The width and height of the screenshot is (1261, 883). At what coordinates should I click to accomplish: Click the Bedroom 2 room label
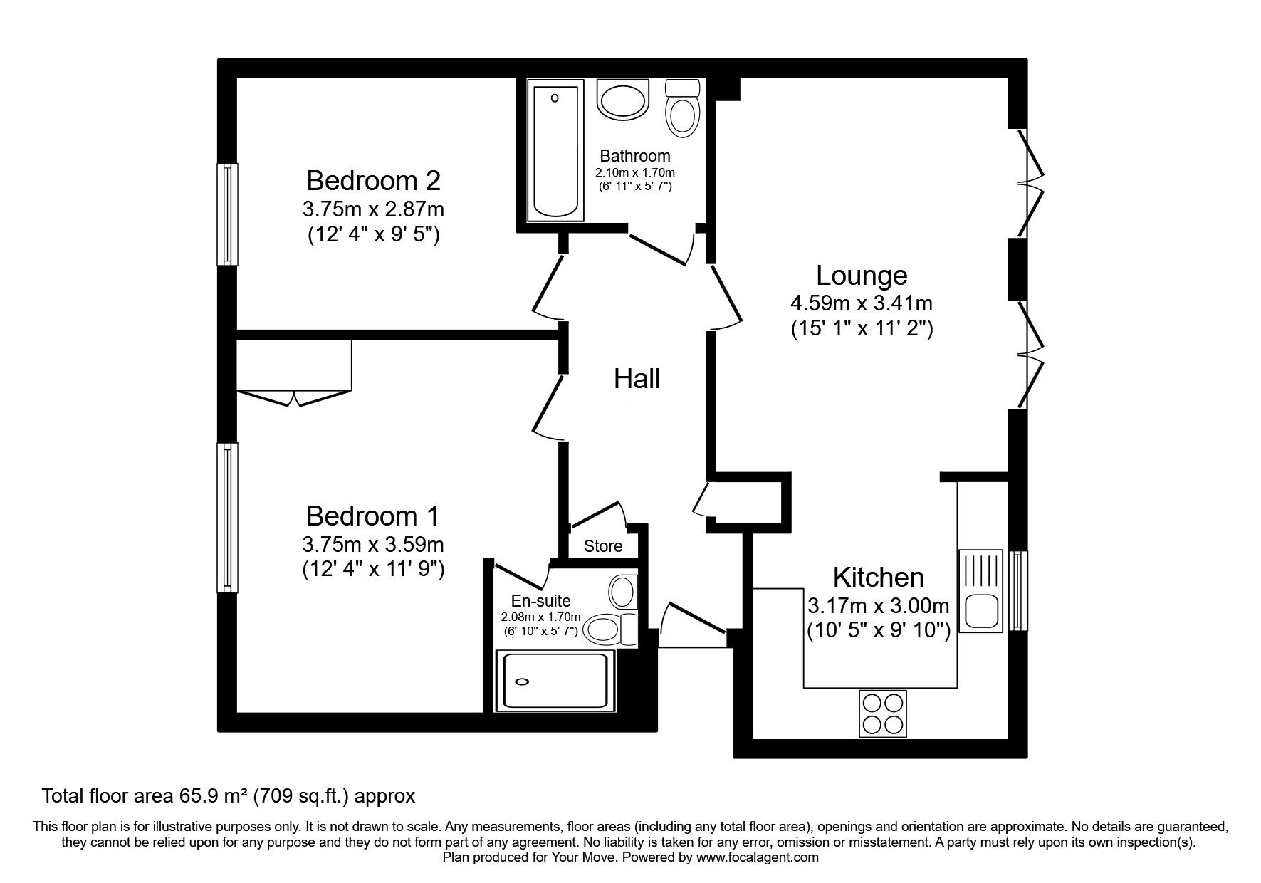[x=373, y=180]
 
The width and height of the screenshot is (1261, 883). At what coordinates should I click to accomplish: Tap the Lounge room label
[x=862, y=275]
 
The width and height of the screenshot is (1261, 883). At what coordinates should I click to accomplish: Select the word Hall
[x=637, y=379]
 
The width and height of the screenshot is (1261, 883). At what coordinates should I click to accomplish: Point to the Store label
[x=603, y=546]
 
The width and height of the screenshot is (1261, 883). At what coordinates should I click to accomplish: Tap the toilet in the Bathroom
[x=681, y=108]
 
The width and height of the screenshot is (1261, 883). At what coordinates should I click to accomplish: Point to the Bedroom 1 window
[x=227, y=517]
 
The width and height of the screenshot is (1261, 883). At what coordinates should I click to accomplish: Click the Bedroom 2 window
[x=227, y=214]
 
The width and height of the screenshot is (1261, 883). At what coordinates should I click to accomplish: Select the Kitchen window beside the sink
[x=1018, y=590]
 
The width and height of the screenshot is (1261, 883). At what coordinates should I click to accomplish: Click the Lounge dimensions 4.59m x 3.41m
[x=862, y=303]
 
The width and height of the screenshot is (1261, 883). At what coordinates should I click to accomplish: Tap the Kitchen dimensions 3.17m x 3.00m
[x=879, y=606]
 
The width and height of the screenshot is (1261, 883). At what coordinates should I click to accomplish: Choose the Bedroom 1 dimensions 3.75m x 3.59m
[x=373, y=545]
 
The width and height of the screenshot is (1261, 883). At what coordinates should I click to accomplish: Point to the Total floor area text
[x=229, y=795]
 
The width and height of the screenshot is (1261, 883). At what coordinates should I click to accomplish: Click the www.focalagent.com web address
[x=758, y=857]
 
